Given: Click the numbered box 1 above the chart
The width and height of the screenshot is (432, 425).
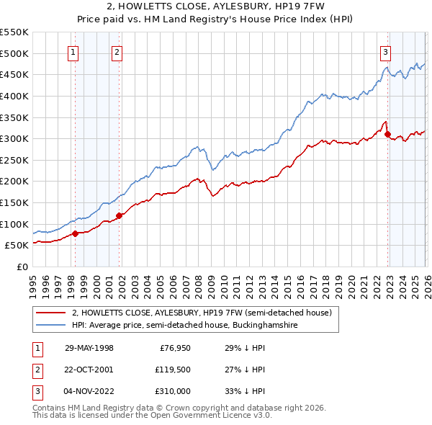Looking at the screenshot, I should (x=74, y=51).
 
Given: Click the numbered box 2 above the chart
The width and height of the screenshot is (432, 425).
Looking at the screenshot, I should (x=117, y=51).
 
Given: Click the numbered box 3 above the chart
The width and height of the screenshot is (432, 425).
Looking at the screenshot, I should (x=385, y=51).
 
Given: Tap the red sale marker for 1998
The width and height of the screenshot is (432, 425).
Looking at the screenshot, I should (x=76, y=233).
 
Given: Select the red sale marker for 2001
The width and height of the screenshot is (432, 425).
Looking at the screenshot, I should (x=119, y=215).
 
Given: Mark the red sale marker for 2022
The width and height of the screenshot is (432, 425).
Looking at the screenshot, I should (x=387, y=134).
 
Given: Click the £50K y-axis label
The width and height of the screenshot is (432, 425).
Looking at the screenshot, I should (x=17, y=246).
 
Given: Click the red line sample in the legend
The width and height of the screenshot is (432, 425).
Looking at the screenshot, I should (x=52, y=313).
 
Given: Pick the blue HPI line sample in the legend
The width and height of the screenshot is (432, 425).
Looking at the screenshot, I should (x=52, y=326).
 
